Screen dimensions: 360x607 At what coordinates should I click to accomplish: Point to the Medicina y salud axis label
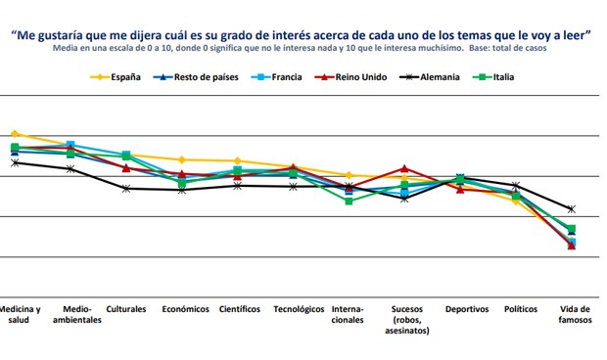click(21, 314)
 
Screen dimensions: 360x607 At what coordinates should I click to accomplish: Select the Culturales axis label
click(126, 309)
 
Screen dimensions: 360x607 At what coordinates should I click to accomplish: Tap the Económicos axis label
click(185, 309)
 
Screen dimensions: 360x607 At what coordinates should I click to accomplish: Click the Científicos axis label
click(240, 309)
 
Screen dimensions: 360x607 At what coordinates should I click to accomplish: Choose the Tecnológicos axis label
click(298, 309)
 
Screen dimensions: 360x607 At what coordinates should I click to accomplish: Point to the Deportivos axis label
click(466, 309)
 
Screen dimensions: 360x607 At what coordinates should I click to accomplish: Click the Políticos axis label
click(520, 309)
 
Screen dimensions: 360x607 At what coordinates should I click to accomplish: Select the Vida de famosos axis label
click(574, 314)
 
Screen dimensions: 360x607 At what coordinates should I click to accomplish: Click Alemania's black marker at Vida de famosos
click(572, 209)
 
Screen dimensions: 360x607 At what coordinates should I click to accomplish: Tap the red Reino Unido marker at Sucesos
click(404, 168)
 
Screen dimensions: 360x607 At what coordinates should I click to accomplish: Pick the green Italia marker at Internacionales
click(350, 201)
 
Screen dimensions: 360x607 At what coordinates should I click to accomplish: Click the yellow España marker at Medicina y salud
click(14, 133)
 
